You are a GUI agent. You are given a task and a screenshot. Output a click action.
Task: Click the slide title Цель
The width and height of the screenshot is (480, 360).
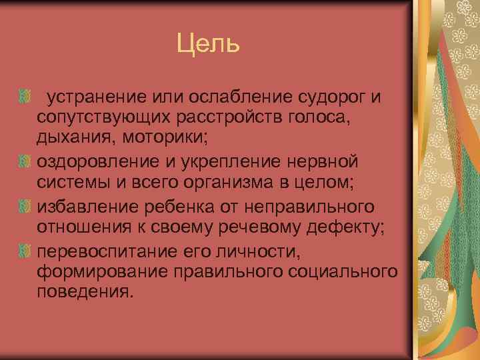(207, 45)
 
